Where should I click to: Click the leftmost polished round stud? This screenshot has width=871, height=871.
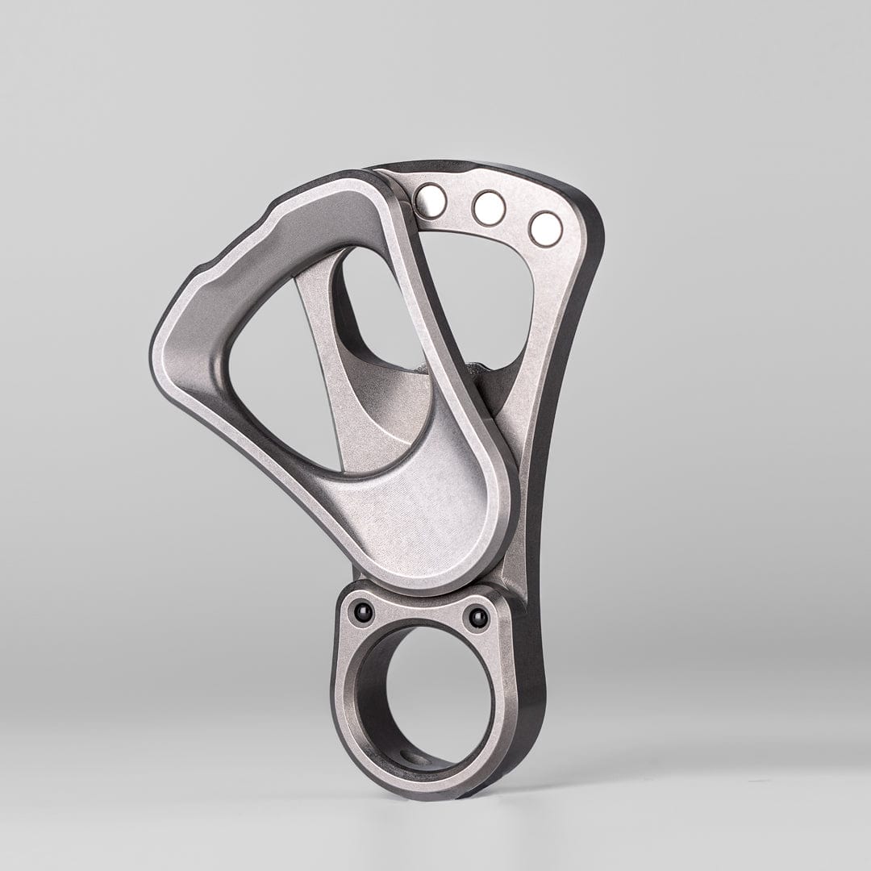pos(430,199)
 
